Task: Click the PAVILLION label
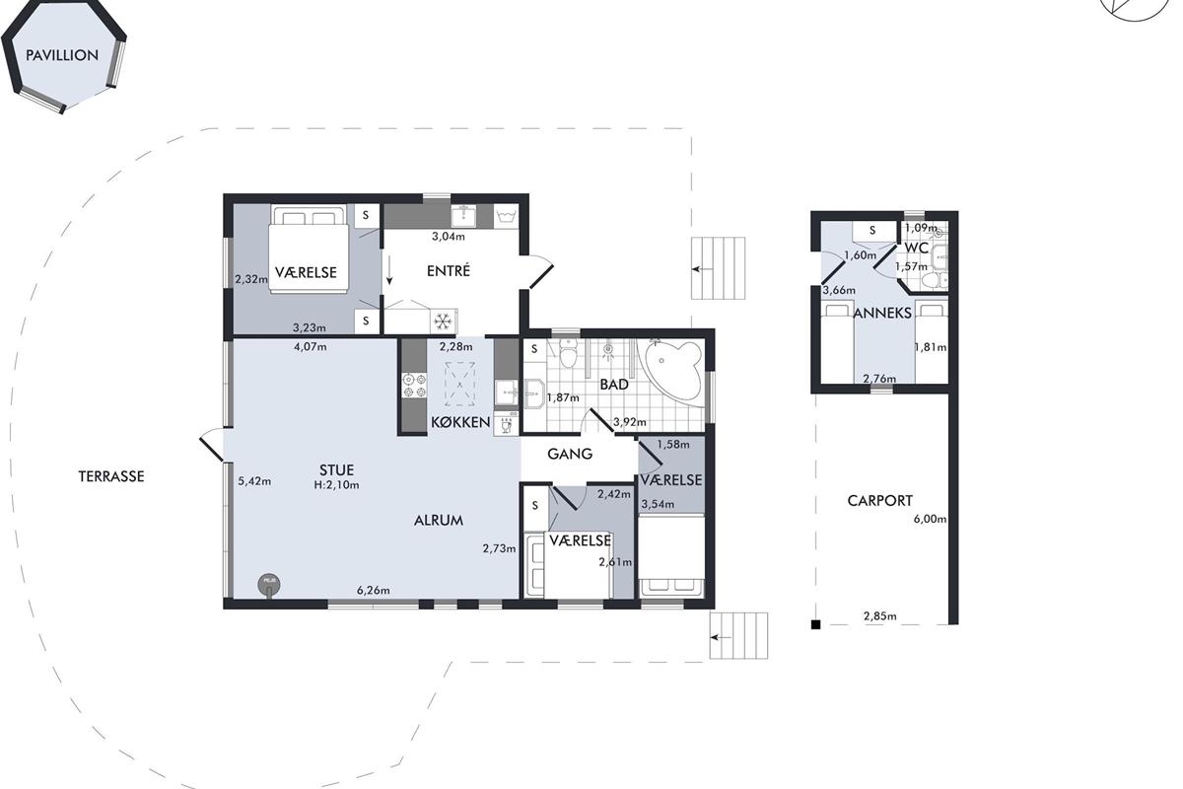click(x=62, y=55)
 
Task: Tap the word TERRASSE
click(x=111, y=476)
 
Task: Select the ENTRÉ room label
click(x=449, y=270)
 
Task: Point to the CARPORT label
click(x=879, y=501)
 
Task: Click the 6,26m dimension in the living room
click(x=374, y=591)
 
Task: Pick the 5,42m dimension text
click(x=254, y=481)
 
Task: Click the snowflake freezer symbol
click(x=443, y=321)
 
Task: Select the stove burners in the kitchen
click(x=415, y=386)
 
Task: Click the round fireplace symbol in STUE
click(x=269, y=585)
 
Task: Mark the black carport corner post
click(x=816, y=624)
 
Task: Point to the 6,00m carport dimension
click(x=930, y=519)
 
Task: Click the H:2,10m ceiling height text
click(x=336, y=485)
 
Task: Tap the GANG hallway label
click(x=570, y=454)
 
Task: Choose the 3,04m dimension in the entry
click(x=449, y=237)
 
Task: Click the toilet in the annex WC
click(x=934, y=281)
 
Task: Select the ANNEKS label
click(x=882, y=314)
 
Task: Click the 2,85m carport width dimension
click(x=879, y=616)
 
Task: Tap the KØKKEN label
click(x=461, y=422)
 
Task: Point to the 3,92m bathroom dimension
click(x=630, y=422)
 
